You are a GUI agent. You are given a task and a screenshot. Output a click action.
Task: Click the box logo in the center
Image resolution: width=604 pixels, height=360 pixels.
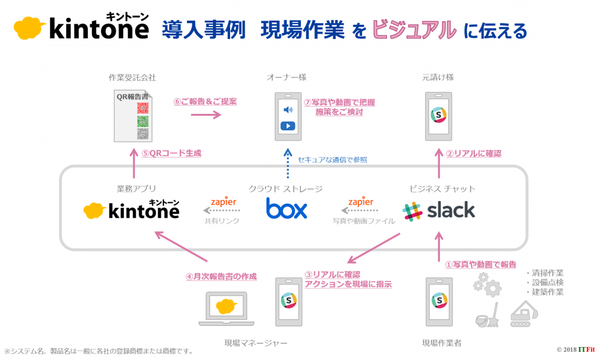tap(287, 208)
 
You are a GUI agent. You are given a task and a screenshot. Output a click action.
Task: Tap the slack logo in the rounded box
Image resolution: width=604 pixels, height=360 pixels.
tap(439, 210)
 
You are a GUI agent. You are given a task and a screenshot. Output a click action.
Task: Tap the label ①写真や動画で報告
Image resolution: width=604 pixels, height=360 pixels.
tap(480, 264)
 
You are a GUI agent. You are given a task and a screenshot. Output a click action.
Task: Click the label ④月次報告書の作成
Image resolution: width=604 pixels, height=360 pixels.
tap(221, 276)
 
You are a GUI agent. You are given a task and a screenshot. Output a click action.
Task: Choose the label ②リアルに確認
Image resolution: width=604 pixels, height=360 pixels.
tap(473, 153)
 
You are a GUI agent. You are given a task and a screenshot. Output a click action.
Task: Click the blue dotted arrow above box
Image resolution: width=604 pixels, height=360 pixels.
tap(287, 163)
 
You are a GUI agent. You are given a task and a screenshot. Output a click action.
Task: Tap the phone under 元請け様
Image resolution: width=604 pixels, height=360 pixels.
tap(439, 116)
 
